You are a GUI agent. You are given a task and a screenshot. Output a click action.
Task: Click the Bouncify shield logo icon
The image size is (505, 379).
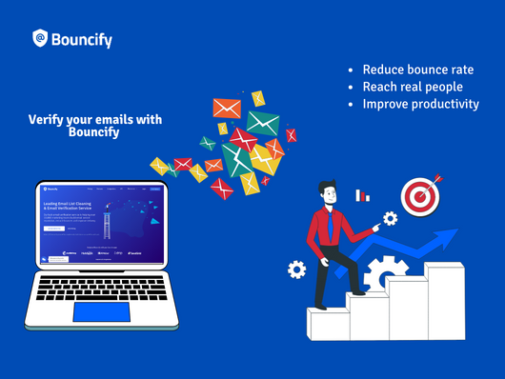(40, 38)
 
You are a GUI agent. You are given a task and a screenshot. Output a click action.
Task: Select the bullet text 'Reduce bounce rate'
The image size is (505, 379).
(417, 70)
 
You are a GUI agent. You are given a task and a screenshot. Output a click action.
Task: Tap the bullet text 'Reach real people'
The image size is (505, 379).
(413, 87)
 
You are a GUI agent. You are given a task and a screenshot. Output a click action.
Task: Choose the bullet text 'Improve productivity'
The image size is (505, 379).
(420, 104)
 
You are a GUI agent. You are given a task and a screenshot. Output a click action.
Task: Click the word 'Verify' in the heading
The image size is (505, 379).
(45, 120)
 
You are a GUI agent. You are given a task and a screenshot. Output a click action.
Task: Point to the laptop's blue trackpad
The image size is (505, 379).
(102, 310)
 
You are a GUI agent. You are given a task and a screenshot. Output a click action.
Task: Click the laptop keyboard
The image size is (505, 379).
(103, 284)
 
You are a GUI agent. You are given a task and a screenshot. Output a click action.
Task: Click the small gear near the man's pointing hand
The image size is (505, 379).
(389, 219)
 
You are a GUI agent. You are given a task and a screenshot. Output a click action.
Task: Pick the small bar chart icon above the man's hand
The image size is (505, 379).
(362, 195)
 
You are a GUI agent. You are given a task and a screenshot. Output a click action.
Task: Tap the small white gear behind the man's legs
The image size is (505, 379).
(297, 269)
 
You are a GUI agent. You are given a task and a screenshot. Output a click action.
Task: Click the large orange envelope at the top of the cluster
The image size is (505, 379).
(228, 107)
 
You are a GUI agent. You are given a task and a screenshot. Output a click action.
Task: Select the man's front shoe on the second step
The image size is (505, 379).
(357, 289)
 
